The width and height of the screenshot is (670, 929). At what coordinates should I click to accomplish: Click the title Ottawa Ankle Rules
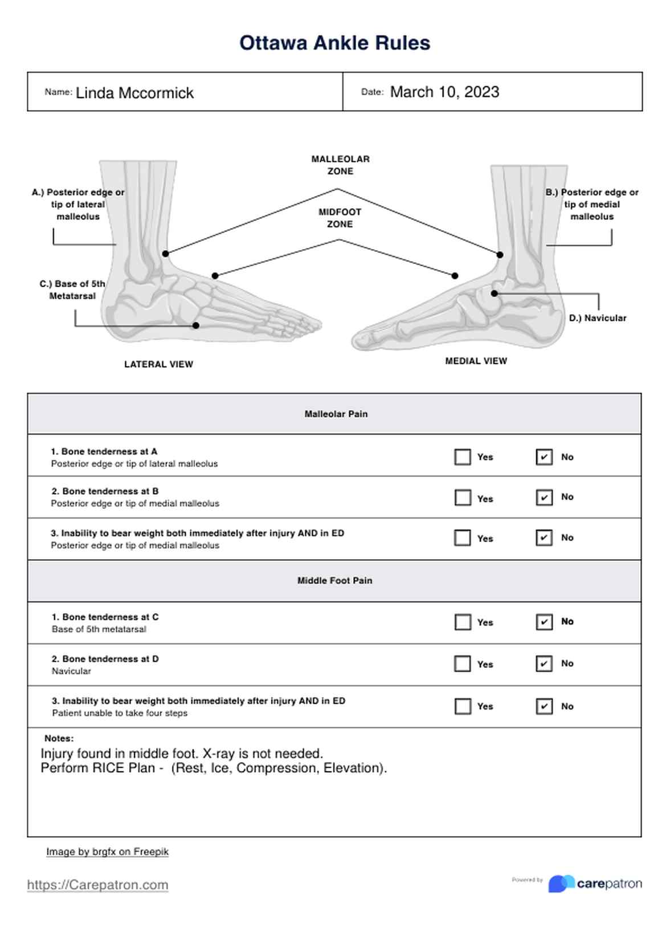pos(334,43)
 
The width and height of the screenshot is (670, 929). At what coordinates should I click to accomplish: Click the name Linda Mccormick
pos(134,93)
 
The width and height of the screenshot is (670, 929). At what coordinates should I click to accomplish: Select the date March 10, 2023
pos(444,92)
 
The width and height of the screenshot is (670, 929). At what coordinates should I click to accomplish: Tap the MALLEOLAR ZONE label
pos(340,165)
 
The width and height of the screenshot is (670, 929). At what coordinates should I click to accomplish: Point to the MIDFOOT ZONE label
pos(340,218)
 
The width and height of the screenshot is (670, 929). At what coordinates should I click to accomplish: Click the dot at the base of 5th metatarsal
pos(195,325)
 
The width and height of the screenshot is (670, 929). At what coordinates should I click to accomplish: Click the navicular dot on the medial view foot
pos(495,294)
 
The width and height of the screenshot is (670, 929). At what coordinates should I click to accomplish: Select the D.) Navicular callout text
pos(597,318)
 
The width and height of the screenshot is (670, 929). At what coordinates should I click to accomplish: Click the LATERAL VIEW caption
pos(158,364)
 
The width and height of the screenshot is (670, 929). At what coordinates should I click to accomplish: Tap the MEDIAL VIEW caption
pos(476,361)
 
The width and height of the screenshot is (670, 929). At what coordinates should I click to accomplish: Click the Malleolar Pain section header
pos(336,414)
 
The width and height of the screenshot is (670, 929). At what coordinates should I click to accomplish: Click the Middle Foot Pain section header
pos(334,580)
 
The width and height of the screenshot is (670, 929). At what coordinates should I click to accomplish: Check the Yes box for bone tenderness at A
pos(463,457)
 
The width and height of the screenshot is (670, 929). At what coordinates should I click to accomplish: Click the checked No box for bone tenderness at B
pos(544,498)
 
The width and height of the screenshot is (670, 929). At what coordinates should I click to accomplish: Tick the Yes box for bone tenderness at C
pos(463,622)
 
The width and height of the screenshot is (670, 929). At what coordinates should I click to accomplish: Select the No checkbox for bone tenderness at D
pos(544,663)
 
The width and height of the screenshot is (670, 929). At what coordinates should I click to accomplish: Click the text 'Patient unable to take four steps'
pos(120,713)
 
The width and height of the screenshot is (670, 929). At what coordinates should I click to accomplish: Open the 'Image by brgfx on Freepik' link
pos(107,851)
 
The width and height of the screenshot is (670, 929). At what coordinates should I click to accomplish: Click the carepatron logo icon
pos(561,883)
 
